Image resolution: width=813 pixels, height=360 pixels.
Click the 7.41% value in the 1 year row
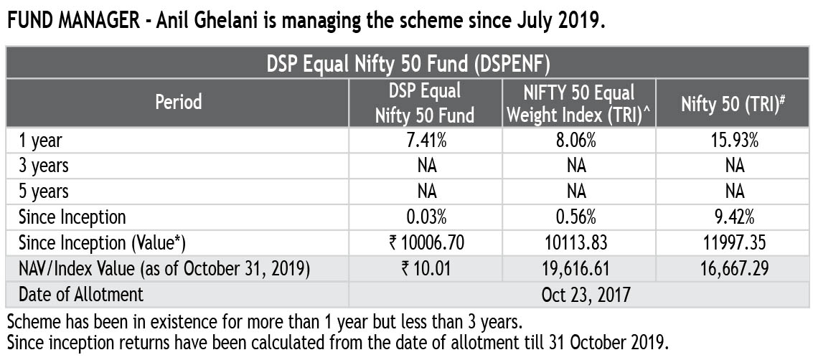pos(426,141)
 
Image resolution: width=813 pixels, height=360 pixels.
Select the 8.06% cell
pos(579,141)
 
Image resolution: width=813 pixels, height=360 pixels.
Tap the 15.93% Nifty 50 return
pos(734,141)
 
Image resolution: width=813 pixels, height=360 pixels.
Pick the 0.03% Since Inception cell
pos(426,217)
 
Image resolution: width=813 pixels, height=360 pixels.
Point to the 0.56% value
pos(579,217)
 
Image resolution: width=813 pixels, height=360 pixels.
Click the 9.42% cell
pos(734,217)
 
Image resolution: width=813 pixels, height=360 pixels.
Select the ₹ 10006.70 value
pos(426,242)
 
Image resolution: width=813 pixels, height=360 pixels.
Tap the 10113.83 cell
pos(579,242)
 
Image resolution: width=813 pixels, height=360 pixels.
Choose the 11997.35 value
pos(734,242)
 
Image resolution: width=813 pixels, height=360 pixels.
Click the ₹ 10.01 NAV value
pos(426,268)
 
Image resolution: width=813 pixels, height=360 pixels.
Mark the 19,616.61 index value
pos(579,268)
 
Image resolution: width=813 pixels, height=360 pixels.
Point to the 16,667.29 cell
pos(734,268)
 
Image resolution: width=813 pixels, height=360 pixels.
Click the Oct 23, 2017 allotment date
pos(579,294)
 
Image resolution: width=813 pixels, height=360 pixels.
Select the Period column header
pos(178,103)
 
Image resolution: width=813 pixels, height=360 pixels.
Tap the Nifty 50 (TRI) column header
pos(733,104)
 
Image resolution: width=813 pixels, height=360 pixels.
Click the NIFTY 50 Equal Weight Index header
pos(579,103)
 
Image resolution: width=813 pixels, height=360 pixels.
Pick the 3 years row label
pos(44,166)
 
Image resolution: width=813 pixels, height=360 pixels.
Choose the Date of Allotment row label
pos(81,294)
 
